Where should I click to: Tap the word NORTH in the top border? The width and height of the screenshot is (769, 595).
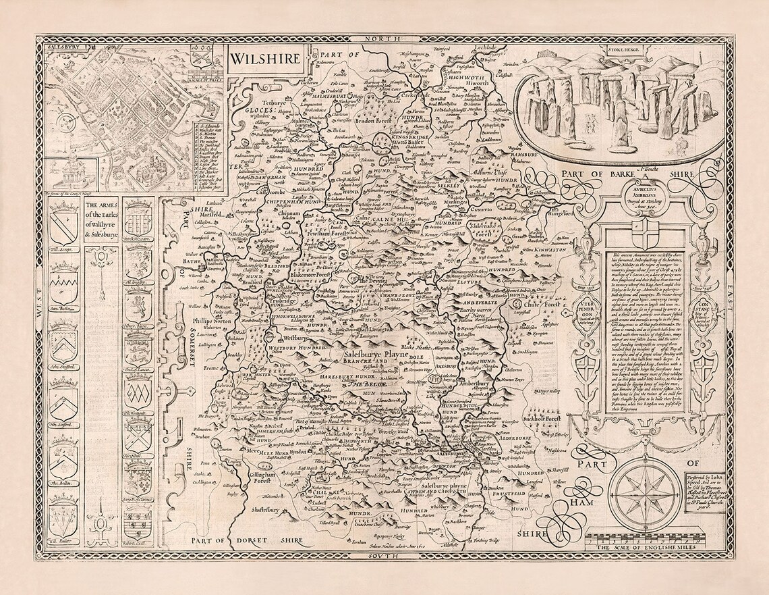(x=384, y=43)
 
